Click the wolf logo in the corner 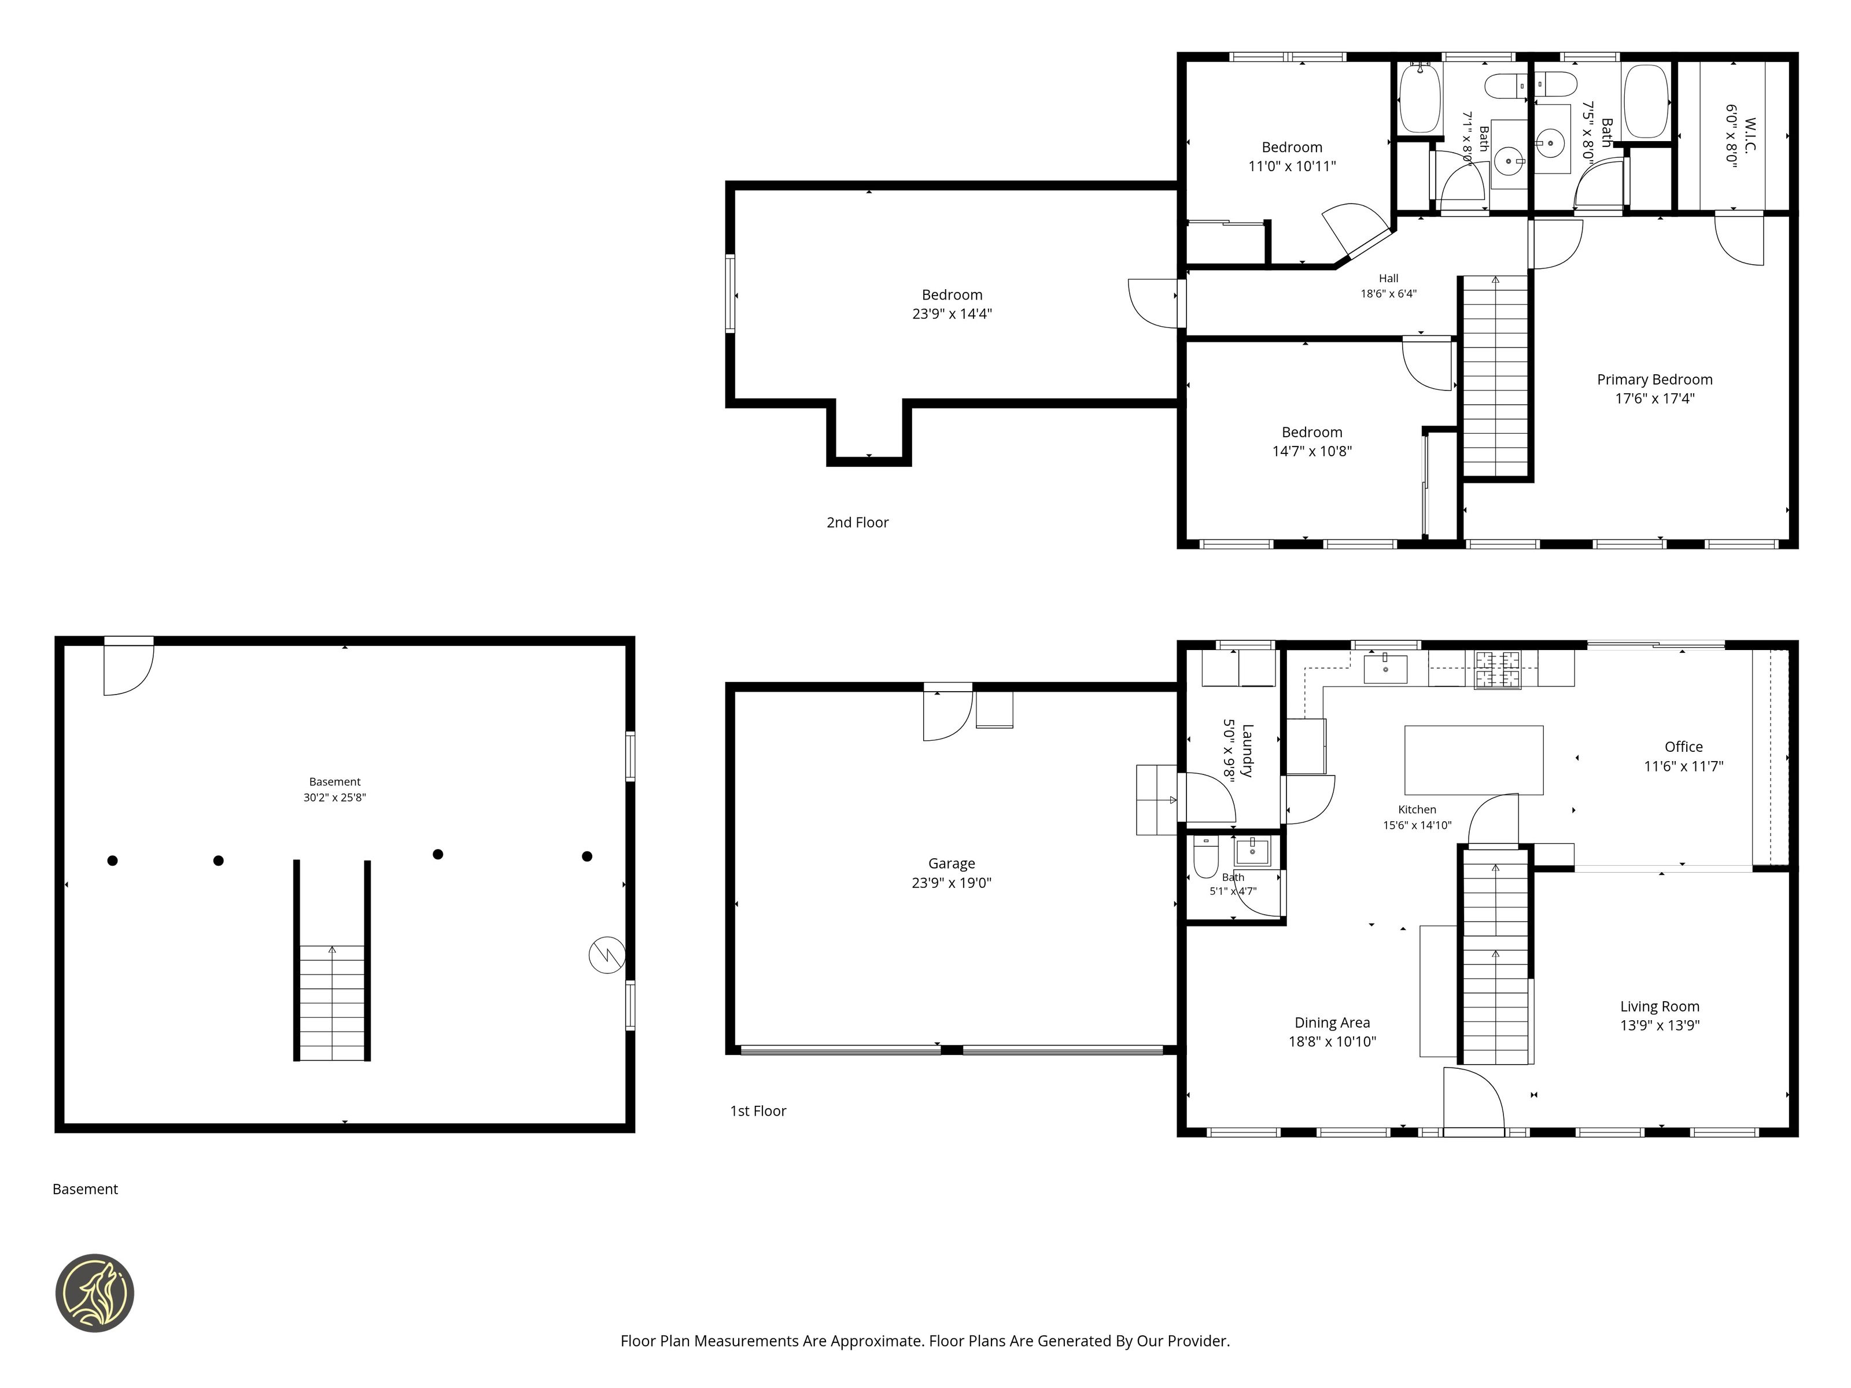click(x=94, y=1293)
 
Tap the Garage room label click(x=952, y=863)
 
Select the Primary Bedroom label click(x=1654, y=380)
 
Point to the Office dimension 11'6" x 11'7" click(x=1684, y=766)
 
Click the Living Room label click(x=1660, y=1006)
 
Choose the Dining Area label click(x=1332, y=1022)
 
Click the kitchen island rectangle click(x=1474, y=760)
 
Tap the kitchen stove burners click(x=1497, y=669)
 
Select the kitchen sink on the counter click(x=1385, y=669)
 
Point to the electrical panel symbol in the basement click(x=607, y=955)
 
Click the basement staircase click(x=332, y=1002)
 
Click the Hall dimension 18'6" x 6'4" click(x=1388, y=294)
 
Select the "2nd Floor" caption click(x=858, y=522)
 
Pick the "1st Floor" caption click(x=758, y=1110)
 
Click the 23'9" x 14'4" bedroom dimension click(x=952, y=313)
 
